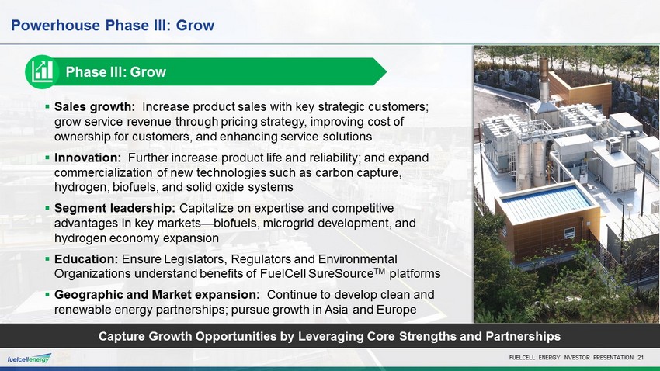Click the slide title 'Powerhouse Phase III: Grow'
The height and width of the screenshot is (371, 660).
pyautogui.click(x=113, y=26)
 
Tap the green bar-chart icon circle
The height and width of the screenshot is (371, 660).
pyautogui.click(x=42, y=72)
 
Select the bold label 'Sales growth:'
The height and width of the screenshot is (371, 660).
pyautogui.click(x=95, y=107)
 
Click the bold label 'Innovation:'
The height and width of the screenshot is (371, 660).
pyautogui.click(x=88, y=158)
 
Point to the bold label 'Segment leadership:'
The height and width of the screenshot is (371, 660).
pyautogui.click(x=115, y=208)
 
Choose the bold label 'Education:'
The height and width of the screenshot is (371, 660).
pyautogui.click(x=86, y=258)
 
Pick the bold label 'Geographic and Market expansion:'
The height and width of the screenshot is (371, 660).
pyautogui.click(x=157, y=294)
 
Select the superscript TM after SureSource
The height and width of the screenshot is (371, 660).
pyautogui.click(x=379, y=271)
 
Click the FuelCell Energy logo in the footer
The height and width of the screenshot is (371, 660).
pyautogui.click(x=29, y=359)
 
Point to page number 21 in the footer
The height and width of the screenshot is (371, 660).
pyautogui.click(x=641, y=358)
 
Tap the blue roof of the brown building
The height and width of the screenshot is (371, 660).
pyautogui.click(x=547, y=203)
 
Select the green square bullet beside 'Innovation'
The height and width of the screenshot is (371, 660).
pyautogui.click(x=47, y=158)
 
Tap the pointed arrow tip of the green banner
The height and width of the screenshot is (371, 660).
pyautogui.click(x=386, y=71)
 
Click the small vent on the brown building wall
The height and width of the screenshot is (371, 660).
pyautogui.click(x=569, y=233)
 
